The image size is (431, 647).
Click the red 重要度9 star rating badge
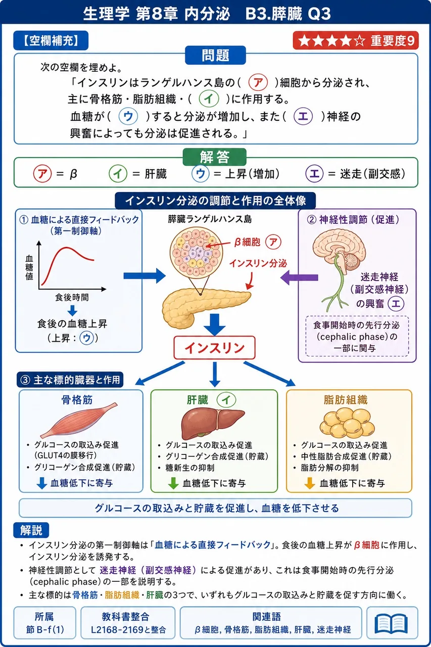coord(356,40)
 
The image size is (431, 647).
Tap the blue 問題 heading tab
coord(215,55)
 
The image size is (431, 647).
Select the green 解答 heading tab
coord(215,157)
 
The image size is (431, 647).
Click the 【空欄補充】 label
coord(51,40)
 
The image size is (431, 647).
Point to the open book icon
coord(391,624)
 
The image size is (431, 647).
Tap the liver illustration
coord(213,424)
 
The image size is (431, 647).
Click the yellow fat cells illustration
coord(347,422)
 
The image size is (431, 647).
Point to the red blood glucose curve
coord(68,262)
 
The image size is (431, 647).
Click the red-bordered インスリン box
coord(215,348)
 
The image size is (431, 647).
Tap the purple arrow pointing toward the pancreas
coord(299,278)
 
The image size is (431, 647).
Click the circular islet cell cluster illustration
coord(196,252)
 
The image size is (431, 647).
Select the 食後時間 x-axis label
coord(72,297)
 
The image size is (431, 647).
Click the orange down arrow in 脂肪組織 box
coord(309,483)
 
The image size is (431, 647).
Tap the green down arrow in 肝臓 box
coord(173,483)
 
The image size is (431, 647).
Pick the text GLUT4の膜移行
coord(66,455)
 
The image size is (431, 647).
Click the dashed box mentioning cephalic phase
coord(357,336)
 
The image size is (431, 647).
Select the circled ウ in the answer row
coord(201,174)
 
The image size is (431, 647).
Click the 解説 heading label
coord(31,530)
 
